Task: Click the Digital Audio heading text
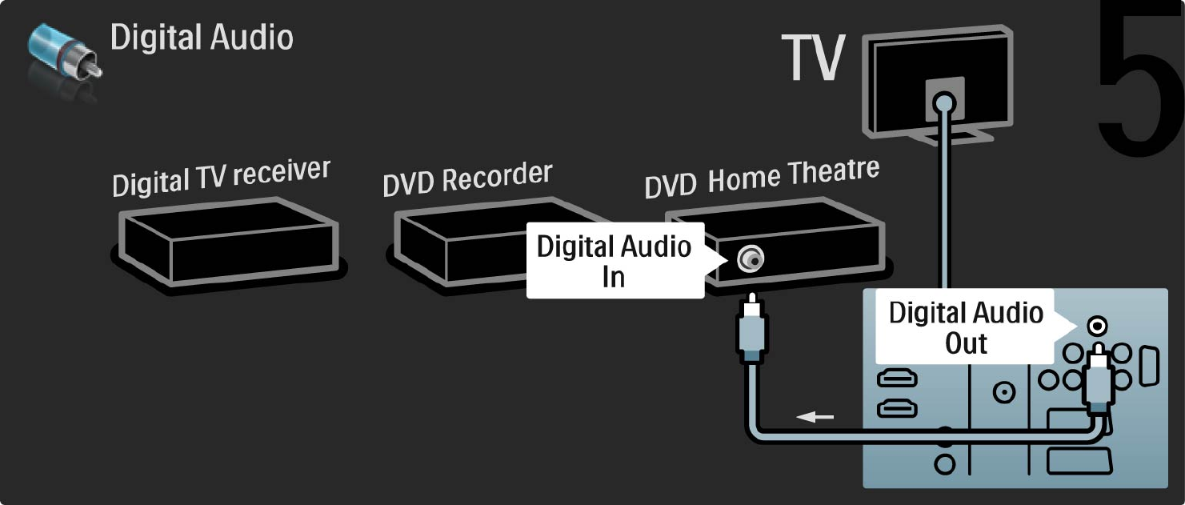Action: [x=202, y=38]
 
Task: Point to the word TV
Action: [x=814, y=58]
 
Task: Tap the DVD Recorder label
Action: [x=467, y=178]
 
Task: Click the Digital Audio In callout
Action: [x=614, y=261]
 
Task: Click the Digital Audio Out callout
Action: [x=966, y=327]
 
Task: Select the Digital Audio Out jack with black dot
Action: [x=1099, y=326]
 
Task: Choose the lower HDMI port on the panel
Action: [x=898, y=409]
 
